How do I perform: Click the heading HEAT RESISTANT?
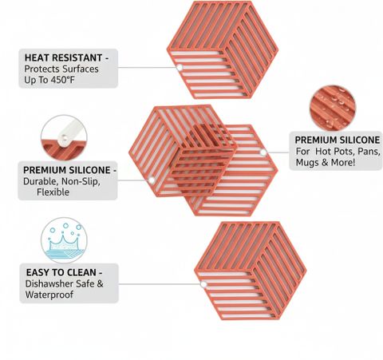pyautogui.click(x=63, y=57)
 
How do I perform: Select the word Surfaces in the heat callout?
pyautogui.click(x=81, y=69)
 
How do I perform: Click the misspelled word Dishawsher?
pyautogui.click(x=49, y=283)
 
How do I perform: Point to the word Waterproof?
pyautogui.click(x=49, y=295)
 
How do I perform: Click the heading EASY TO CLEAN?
pyautogui.click(x=61, y=272)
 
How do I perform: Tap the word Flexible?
pyautogui.click(x=53, y=192)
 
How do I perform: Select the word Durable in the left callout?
pyautogui.click(x=41, y=181)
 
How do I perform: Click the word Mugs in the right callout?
pyautogui.click(x=307, y=162)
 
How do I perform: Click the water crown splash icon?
pyautogui.click(x=64, y=240)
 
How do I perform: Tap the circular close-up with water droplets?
pyautogui.click(x=333, y=108)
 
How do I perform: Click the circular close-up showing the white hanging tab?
pyautogui.click(x=64, y=138)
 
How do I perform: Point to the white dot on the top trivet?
pyautogui.click(x=180, y=68)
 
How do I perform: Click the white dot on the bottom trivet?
pyautogui.click(x=203, y=284)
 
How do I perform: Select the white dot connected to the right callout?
pyautogui.click(x=263, y=152)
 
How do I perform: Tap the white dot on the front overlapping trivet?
pyautogui.click(x=152, y=180)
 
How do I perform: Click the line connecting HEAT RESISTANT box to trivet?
pyautogui.click(x=147, y=68)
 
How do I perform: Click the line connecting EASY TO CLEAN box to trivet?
pyautogui.click(x=160, y=284)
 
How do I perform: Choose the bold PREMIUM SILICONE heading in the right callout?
pyautogui.click(x=338, y=140)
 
